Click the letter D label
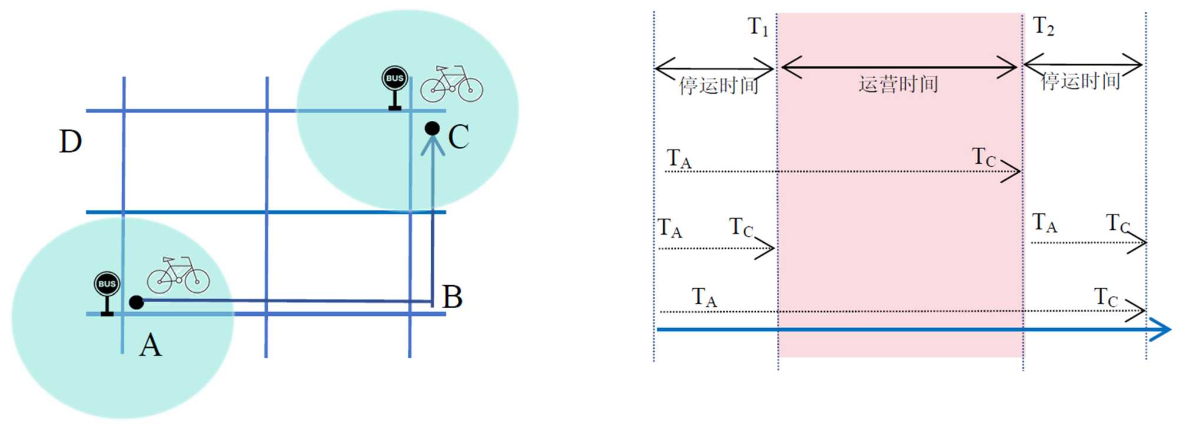(70, 142)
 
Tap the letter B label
(452, 297)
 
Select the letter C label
(458, 137)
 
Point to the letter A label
(150, 345)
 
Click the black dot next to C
(432, 128)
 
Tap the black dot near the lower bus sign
(136, 302)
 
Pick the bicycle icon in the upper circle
(451, 84)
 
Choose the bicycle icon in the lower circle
(178, 275)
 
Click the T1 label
(758, 27)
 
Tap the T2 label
(1043, 26)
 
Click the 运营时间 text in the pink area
(898, 84)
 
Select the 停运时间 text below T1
(719, 85)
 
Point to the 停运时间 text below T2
(1080, 81)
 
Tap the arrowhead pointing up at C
(433, 144)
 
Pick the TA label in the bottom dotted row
(704, 297)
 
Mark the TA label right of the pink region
(1045, 223)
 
